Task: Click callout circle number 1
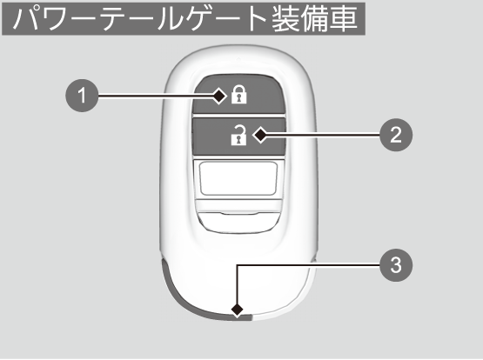click(x=82, y=96)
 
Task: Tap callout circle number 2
click(x=396, y=135)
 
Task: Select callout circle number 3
click(x=396, y=265)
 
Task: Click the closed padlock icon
click(x=239, y=95)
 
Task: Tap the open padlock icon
click(x=239, y=135)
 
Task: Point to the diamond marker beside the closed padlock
click(x=219, y=97)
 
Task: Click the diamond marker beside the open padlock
click(x=260, y=135)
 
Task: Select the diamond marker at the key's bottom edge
click(x=237, y=310)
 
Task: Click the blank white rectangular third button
click(x=238, y=178)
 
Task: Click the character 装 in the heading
click(x=285, y=18)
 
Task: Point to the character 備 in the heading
click(x=315, y=18)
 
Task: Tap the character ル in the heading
click(x=170, y=19)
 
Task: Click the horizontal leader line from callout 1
click(x=156, y=97)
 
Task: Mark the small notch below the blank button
click(x=239, y=213)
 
